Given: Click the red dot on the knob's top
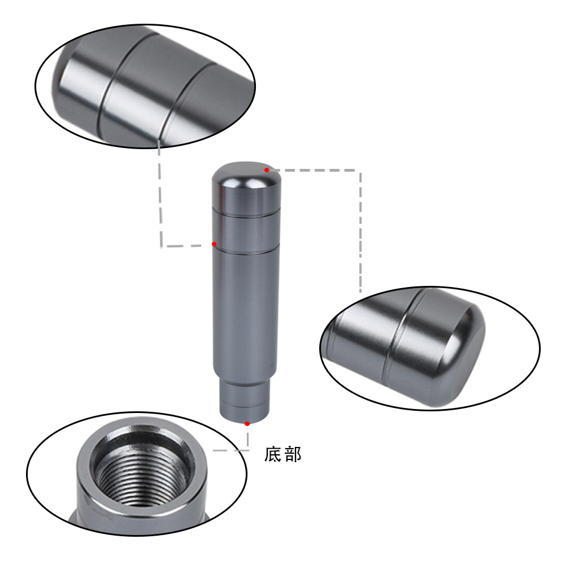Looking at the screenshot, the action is coord(267,169).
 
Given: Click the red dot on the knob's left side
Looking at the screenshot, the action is coord(214,244).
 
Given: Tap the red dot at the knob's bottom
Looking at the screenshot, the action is coord(247,423).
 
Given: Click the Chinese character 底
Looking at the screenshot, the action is coord(273,454).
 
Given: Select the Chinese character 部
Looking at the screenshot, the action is coord(293,454).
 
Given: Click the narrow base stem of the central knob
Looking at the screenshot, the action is coord(245,400).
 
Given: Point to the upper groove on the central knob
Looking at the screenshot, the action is coord(246,213).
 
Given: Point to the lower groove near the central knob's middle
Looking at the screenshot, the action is coord(246,249).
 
